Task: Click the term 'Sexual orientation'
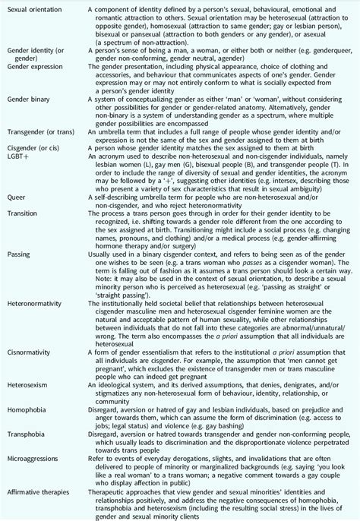(32, 6)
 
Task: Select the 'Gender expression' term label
(33, 67)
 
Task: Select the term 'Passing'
(19, 292)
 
